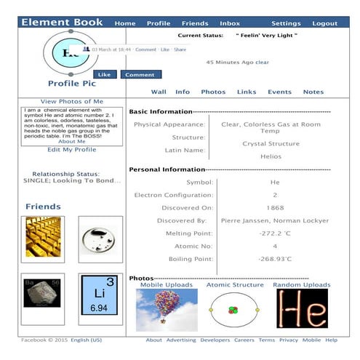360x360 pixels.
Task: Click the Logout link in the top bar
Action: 324,23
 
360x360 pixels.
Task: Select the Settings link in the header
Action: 286,23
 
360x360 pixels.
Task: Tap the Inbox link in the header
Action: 230,23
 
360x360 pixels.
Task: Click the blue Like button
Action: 104,74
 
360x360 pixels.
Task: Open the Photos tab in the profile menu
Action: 213,92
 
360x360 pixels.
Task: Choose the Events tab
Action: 279,92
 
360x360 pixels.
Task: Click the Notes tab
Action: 313,92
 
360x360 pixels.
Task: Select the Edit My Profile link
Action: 71,150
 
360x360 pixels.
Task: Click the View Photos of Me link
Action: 72,101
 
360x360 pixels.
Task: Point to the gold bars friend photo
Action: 42,239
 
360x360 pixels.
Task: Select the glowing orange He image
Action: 301,309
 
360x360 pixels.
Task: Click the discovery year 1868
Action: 275,207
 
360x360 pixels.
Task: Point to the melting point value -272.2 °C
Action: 275,233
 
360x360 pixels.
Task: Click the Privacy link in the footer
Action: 289,340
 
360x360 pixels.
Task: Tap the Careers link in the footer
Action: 244,340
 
